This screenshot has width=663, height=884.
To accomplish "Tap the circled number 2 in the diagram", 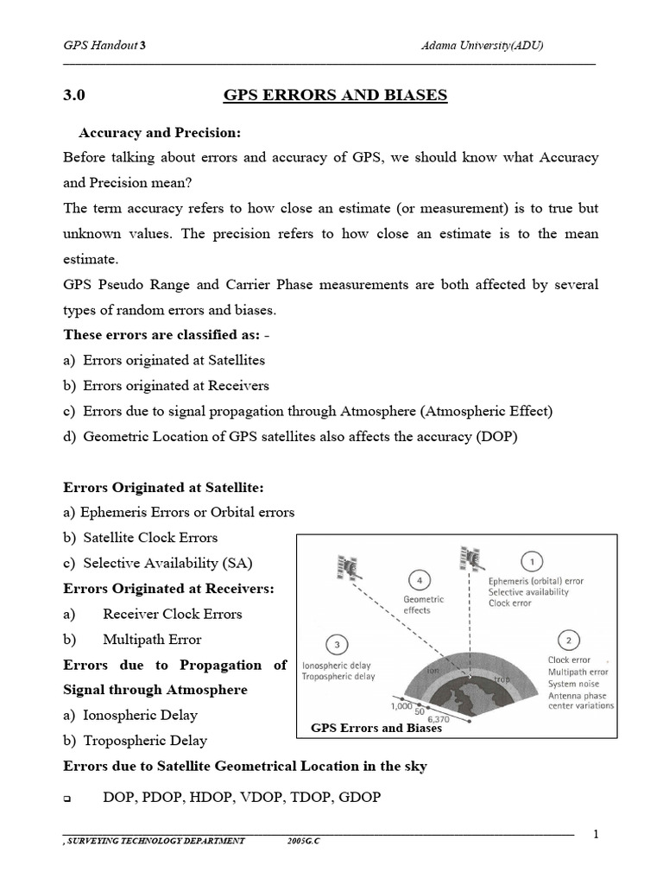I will click(x=568, y=640).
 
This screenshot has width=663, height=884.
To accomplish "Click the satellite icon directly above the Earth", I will click(x=470, y=559).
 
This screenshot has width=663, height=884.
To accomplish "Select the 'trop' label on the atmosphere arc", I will click(x=502, y=679).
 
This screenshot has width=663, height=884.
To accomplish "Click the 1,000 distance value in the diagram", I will click(x=402, y=705).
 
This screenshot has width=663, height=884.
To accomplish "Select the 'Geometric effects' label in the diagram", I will click(x=423, y=604).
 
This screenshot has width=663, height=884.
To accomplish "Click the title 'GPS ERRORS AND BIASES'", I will click(x=336, y=96).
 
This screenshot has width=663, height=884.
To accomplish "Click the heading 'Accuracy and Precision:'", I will click(x=160, y=133).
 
